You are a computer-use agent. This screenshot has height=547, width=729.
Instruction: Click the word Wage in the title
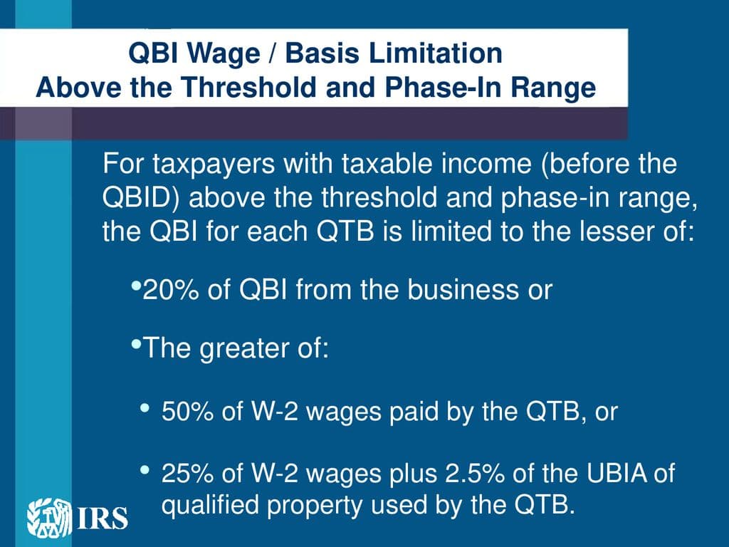tap(224, 53)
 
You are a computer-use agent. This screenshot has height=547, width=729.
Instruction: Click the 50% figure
tap(187, 412)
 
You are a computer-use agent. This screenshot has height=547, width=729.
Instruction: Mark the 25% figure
tap(187, 474)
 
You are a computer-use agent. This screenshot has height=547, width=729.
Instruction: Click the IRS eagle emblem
tap(49, 517)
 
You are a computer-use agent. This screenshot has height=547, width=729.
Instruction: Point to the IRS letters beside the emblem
tap(101, 519)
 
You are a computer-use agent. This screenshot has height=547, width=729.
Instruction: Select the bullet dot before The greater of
tap(136, 345)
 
